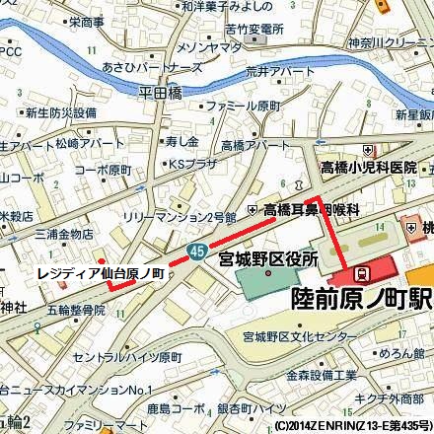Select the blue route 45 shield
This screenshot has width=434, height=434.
[198, 249]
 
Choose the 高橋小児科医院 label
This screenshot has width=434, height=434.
[367, 169]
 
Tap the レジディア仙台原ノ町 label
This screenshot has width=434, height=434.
[99, 272]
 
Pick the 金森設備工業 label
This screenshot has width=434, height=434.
[322, 376]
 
